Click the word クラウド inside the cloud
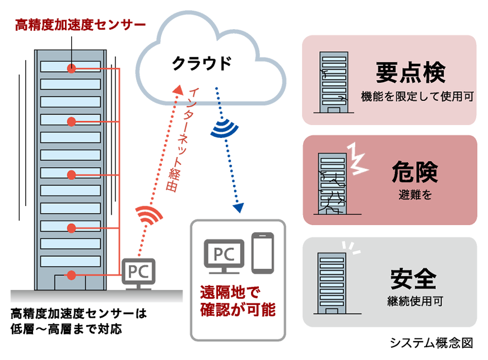(201, 63)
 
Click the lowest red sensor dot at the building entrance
(71, 275)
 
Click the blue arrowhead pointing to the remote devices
(239, 207)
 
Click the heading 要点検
(410, 72)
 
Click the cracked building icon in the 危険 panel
(332, 183)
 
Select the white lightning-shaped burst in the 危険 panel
(357, 158)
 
